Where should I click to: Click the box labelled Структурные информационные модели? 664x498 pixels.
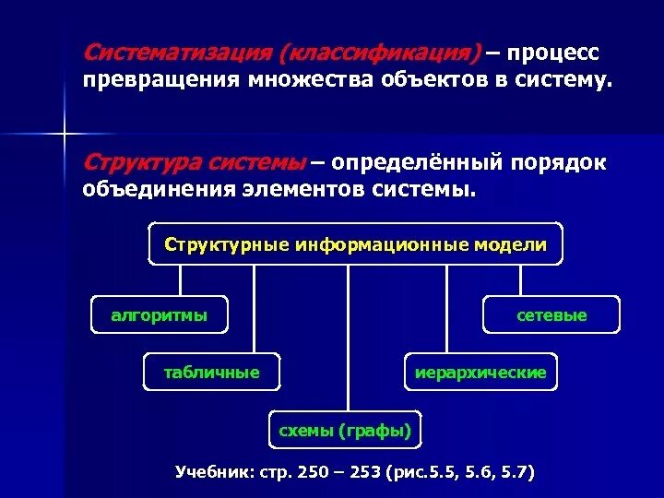click(x=355, y=244)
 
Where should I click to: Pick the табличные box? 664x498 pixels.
click(x=211, y=373)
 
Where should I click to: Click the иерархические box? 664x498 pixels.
click(x=481, y=373)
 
